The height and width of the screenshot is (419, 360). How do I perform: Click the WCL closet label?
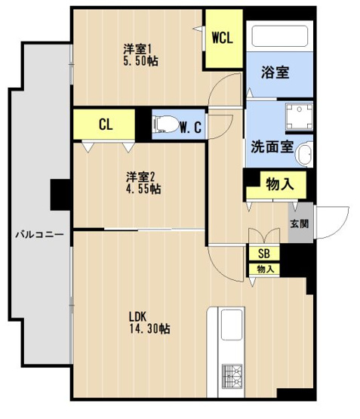[x=222, y=38]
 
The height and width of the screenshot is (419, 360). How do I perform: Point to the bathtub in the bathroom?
[x=280, y=39]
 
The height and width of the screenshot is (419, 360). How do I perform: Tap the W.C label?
[x=190, y=127]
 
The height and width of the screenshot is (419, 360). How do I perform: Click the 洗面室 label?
[x=267, y=146]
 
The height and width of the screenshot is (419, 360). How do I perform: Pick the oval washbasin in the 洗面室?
[x=304, y=155]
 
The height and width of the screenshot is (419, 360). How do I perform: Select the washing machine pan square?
[x=295, y=118]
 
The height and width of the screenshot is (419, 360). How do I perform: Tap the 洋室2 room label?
[x=141, y=177]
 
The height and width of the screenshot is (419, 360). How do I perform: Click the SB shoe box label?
[x=264, y=254]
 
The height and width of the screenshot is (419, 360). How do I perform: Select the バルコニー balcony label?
[x=35, y=235]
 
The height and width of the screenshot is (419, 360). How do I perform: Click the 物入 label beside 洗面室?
[x=275, y=183]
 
